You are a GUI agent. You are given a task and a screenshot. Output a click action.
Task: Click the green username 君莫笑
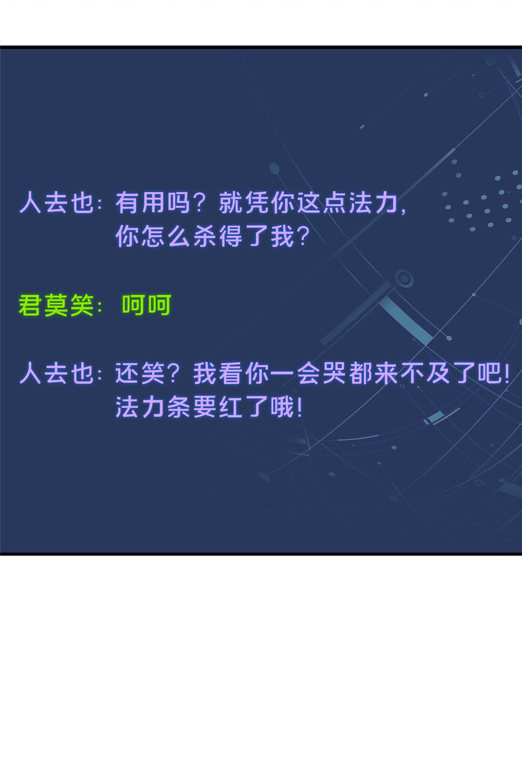[x=56, y=305]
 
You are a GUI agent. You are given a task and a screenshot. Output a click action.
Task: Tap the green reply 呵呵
[x=146, y=305]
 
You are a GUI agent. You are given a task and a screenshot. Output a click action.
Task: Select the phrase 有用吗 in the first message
[x=153, y=203]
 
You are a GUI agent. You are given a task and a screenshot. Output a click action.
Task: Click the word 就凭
[x=244, y=203]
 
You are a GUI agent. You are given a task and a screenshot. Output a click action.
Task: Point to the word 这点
[x=322, y=203]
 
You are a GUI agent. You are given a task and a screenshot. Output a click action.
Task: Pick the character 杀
[x=205, y=237]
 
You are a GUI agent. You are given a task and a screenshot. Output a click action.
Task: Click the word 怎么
[x=166, y=237]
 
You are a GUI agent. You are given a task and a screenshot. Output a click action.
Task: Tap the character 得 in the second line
[x=231, y=237]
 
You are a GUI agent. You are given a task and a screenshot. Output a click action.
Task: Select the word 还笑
[x=140, y=374]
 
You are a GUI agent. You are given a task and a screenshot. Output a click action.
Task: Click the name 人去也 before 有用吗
[x=56, y=203]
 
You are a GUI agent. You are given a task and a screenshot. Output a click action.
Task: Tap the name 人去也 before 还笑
[x=56, y=374]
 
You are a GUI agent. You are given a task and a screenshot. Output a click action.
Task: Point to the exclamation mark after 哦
[x=300, y=407]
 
